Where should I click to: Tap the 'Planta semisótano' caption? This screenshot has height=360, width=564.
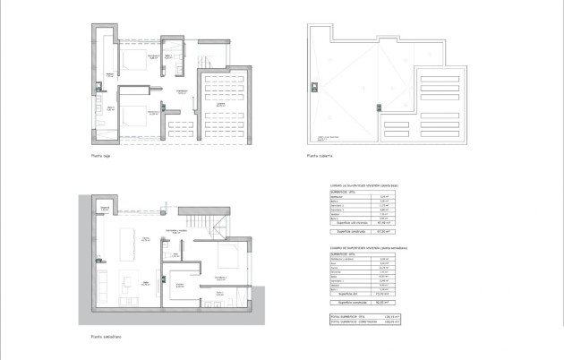coord(106,337)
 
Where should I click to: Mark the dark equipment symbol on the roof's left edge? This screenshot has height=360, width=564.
coord(313,87)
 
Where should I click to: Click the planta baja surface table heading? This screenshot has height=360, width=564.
coord(363,185)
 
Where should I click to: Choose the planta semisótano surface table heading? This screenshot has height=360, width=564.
coord(363,246)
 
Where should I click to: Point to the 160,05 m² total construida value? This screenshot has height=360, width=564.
coord(388,321)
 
